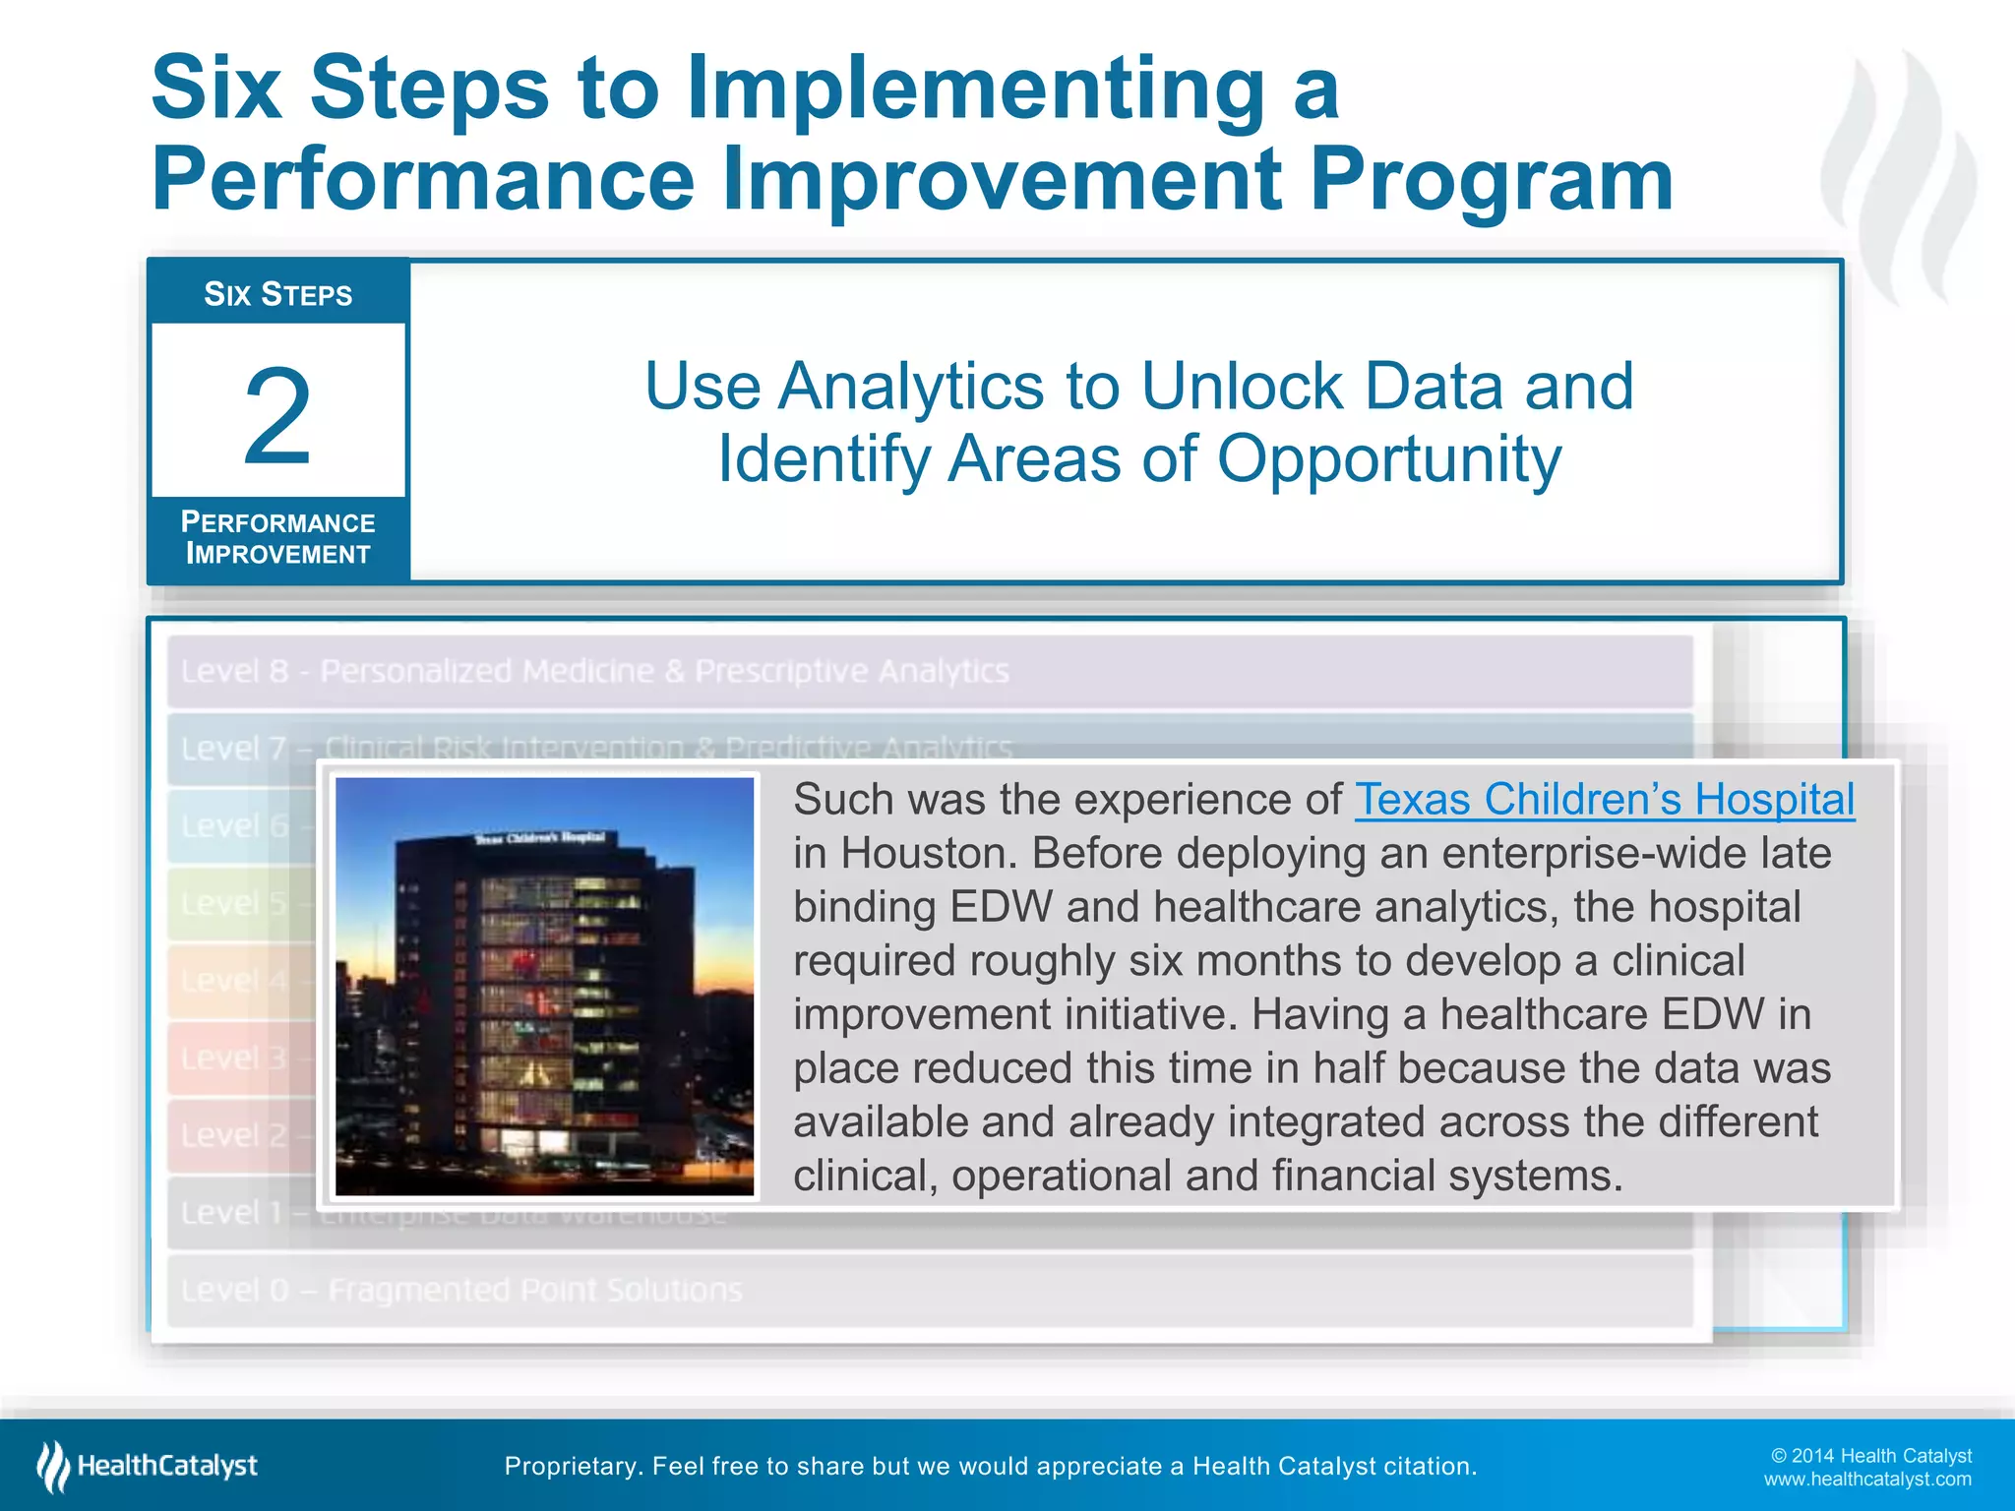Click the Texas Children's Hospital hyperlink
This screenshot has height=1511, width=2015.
tap(1604, 800)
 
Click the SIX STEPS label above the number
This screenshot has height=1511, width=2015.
tap(277, 294)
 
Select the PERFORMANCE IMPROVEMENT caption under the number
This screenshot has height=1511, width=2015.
tap(277, 538)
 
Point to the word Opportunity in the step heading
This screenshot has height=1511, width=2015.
tap(1388, 459)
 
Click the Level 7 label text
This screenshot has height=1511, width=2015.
tap(234, 749)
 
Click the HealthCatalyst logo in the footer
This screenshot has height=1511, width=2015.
tap(148, 1466)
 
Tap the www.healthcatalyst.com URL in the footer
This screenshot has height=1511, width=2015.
tap(1866, 1480)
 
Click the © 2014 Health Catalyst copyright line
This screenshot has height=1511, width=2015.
tap(1870, 1456)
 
